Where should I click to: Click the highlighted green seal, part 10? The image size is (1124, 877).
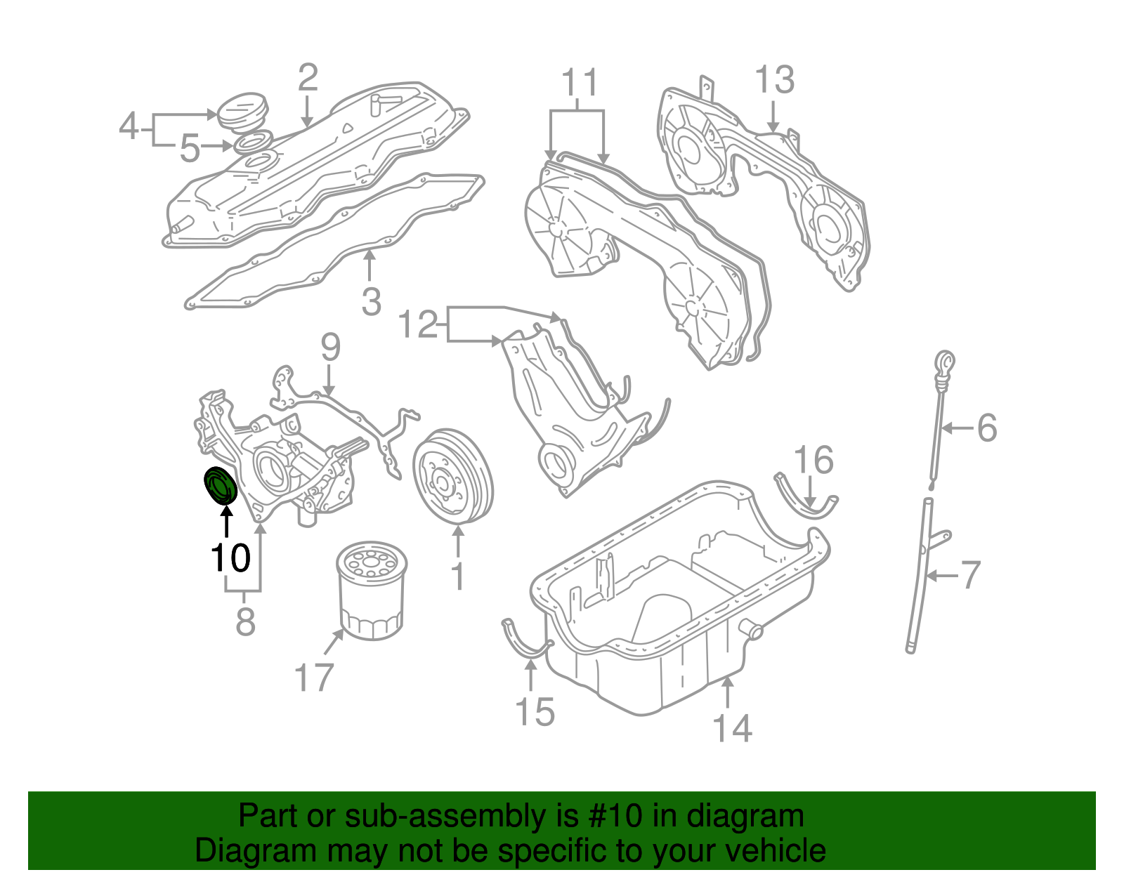[221, 485]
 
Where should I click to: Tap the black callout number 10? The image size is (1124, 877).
[230, 558]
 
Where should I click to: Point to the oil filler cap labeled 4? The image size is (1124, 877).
[242, 112]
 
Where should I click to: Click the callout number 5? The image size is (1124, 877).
[190, 149]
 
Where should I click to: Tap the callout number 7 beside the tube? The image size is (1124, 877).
[970, 575]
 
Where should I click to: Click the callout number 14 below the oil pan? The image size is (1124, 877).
[732, 728]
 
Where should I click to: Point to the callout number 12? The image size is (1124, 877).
[418, 325]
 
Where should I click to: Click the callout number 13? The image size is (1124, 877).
[774, 80]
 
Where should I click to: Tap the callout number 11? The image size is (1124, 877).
[580, 83]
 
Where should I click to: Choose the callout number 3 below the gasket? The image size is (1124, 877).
[371, 303]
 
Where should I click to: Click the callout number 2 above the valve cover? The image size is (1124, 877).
[308, 78]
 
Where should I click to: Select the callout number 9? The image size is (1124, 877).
[330, 348]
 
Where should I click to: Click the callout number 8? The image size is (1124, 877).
[245, 622]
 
